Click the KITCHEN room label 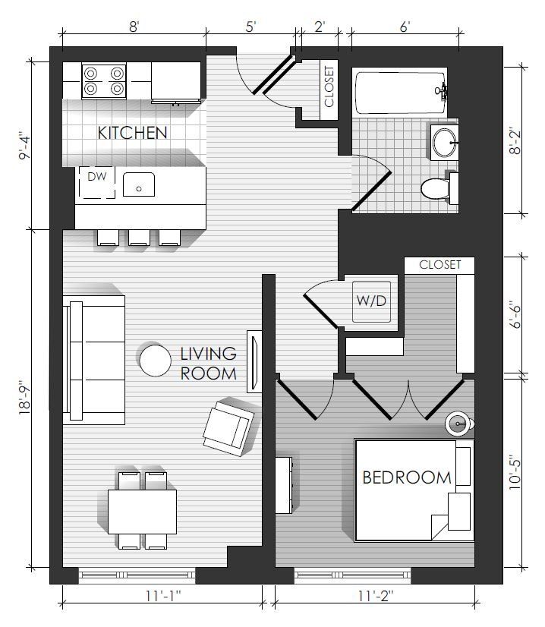click(x=132, y=133)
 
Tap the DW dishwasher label click(x=96, y=176)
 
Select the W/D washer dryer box click(x=371, y=301)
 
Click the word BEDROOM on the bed click(x=407, y=477)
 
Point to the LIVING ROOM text click(x=208, y=364)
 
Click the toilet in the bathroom click(x=439, y=187)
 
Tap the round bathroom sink click(x=444, y=142)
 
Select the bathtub click(x=400, y=93)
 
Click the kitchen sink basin click(x=139, y=184)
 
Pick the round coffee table click(x=155, y=361)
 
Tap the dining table click(x=143, y=512)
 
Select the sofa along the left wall click(x=94, y=360)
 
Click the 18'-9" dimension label click(x=24, y=399)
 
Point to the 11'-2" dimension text click(x=376, y=596)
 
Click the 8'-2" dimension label click(x=515, y=140)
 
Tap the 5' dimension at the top click(x=250, y=27)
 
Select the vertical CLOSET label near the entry click(x=329, y=87)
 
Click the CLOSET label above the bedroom click(x=439, y=265)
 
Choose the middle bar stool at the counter click(x=139, y=238)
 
